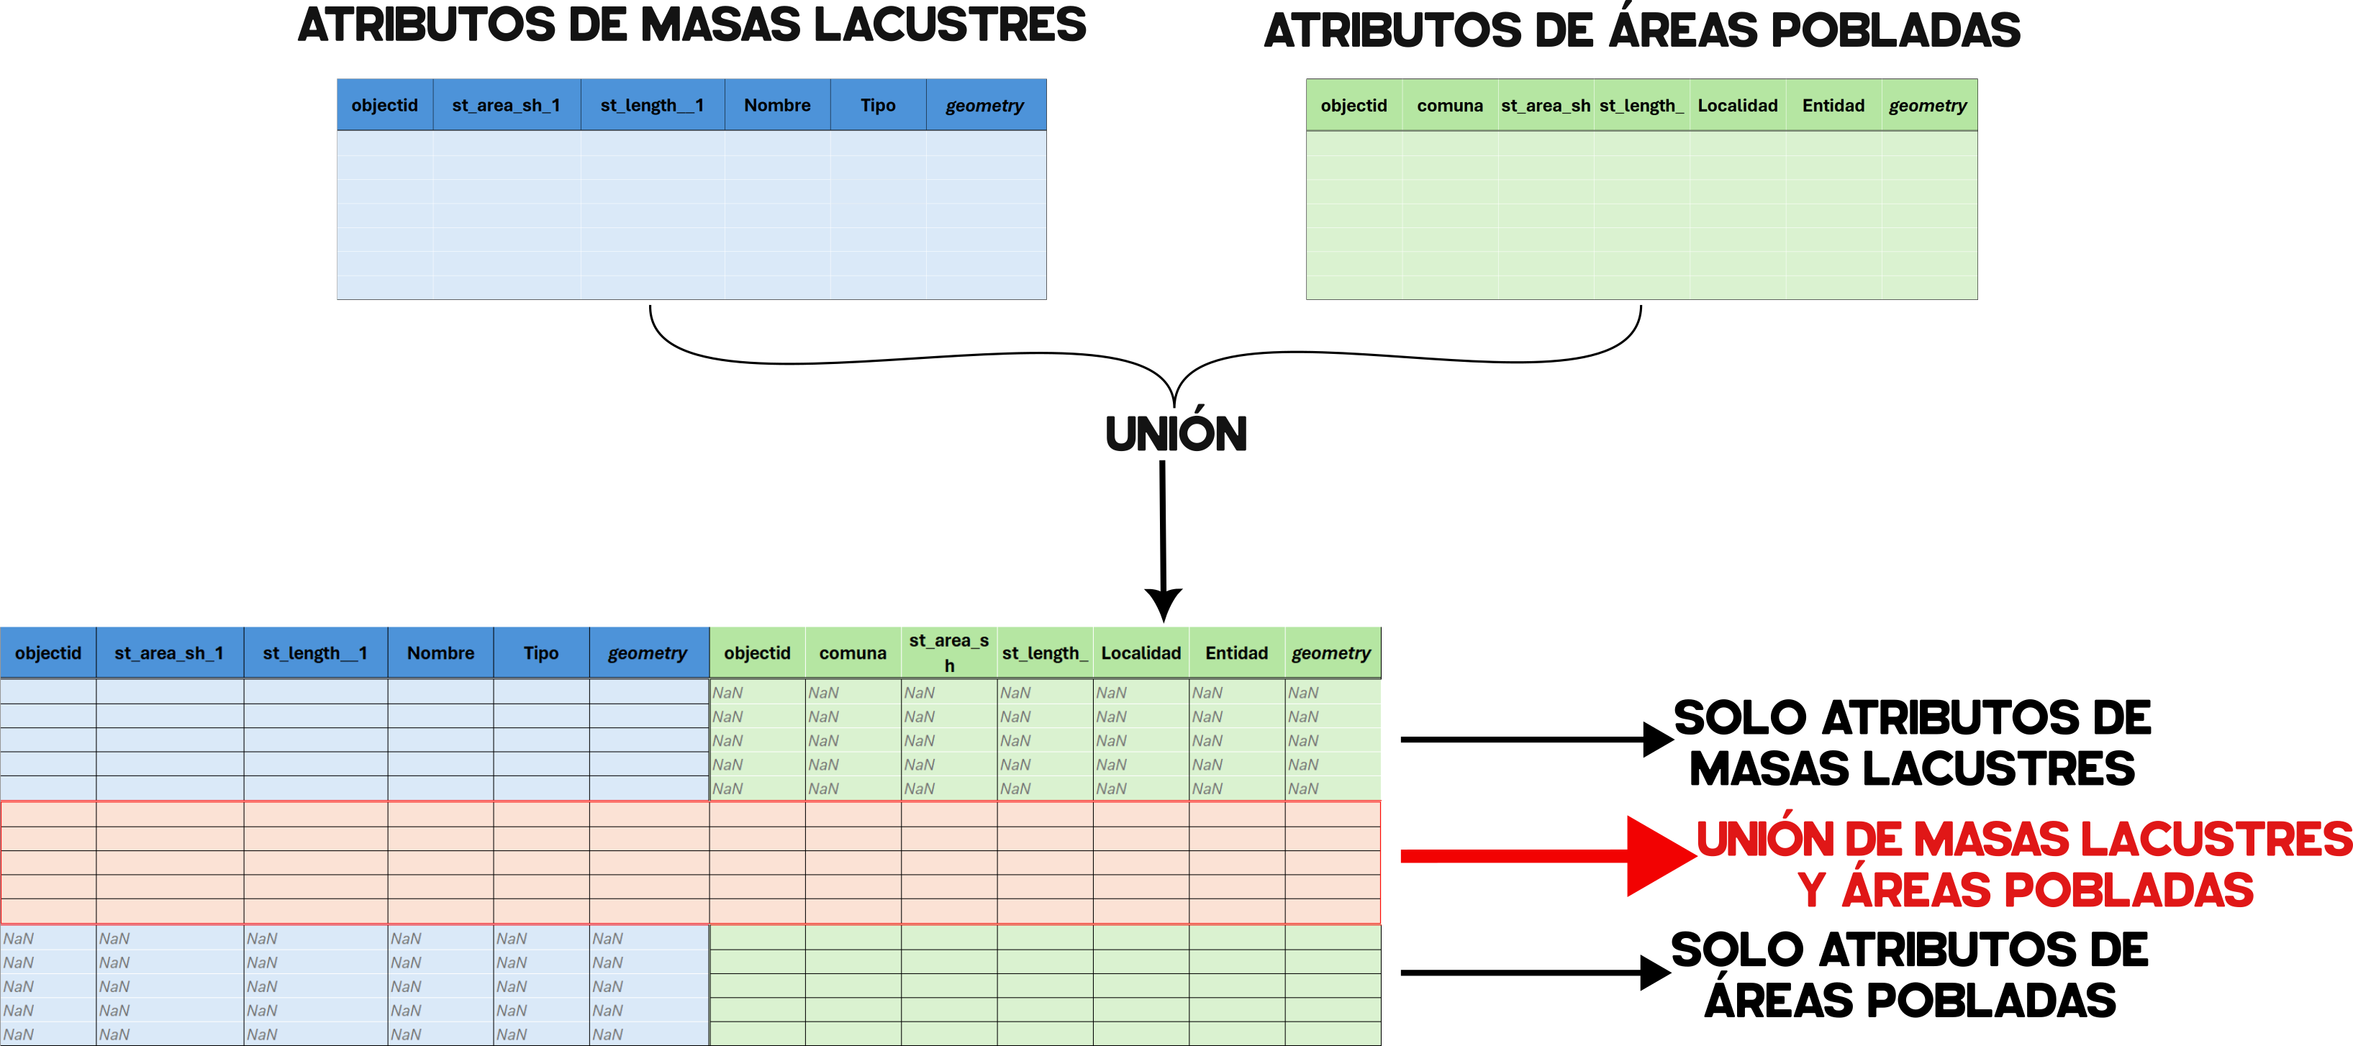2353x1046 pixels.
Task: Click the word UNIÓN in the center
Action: tap(1176, 434)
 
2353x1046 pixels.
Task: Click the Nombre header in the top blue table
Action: tap(776, 105)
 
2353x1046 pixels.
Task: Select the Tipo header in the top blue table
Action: tap(877, 105)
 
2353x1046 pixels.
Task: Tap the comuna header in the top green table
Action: tap(1450, 105)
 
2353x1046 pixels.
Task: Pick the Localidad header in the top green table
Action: tap(1737, 105)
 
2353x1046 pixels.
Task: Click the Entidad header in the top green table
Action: tap(1833, 105)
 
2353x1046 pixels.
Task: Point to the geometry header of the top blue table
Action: tap(984, 105)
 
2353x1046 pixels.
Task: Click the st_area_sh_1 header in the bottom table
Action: tap(169, 653)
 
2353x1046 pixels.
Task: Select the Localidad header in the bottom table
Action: tap(1141, 653)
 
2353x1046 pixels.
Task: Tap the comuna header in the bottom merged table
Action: tap(852, 653)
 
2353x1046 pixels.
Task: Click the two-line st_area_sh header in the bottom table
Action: tap(948, 652)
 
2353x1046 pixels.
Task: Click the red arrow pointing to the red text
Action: tap(1543, 856)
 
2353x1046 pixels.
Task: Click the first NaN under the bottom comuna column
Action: tap(823, 693)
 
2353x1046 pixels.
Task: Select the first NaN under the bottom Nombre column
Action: tap(406, 938)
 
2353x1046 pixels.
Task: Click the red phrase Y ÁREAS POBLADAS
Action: tap(2025, 890)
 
